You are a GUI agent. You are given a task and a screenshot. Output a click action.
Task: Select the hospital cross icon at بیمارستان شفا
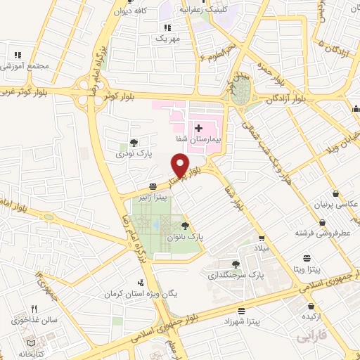198,128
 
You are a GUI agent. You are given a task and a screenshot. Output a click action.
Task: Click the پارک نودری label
134,153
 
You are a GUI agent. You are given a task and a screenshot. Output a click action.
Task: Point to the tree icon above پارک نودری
134,142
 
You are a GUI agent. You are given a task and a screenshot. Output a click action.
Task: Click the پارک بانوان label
185,238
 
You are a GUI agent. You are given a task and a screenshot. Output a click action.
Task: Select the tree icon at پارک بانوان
185,226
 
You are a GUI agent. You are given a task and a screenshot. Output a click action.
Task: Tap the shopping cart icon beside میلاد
262,239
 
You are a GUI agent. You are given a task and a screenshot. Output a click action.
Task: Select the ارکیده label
311,319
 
